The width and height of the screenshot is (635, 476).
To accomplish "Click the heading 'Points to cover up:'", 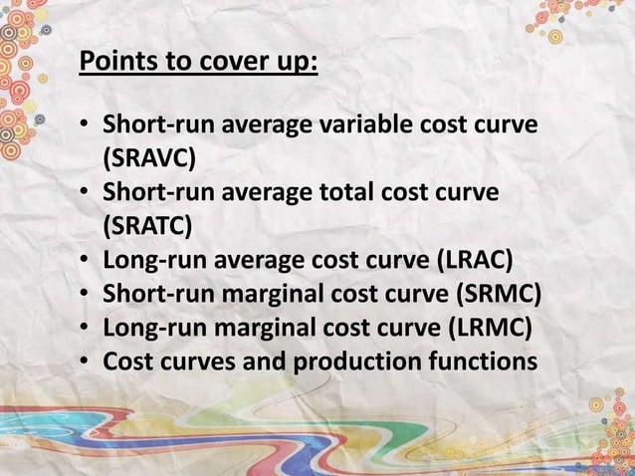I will tap(199, 63).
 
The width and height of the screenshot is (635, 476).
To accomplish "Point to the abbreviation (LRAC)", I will tap(475, 260).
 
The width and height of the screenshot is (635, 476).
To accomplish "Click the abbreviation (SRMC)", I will tap(503, 294).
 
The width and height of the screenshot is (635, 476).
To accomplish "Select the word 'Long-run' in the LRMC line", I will tap(149, 327).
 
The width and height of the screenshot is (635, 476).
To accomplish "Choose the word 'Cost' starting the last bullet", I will tap(127, 360).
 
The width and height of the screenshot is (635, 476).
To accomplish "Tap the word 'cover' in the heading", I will tap(232, 63).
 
